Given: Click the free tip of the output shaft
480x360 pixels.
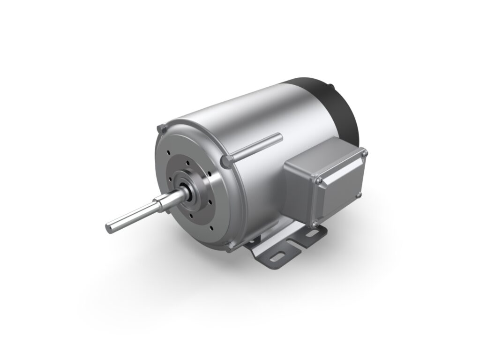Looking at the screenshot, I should [x=109, y=227].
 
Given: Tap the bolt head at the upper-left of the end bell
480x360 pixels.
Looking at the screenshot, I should [x=161, y=127].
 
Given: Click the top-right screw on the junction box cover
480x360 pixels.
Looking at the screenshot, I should [x=364, y=153].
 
